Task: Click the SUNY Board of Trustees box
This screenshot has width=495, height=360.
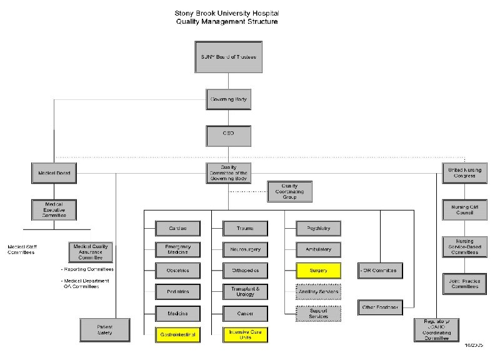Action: pos(228,57)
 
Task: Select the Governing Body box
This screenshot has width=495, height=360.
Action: pos(227,99)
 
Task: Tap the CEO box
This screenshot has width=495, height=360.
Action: pos(227,135)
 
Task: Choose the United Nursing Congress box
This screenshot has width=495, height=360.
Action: pos(464,173)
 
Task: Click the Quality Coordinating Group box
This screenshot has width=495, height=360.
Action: pos(289,192)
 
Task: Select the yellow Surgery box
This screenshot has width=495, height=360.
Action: pos(319,271)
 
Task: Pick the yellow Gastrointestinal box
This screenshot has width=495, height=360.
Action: pos(177,334)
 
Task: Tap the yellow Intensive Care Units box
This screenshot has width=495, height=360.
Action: pos(245,334)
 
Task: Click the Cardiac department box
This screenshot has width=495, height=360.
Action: pos(177,228)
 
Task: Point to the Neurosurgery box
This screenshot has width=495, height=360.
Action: pos(245,249)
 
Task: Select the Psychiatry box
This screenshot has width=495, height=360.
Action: pos(319,228)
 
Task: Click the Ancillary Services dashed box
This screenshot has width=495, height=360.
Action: pos(319,292)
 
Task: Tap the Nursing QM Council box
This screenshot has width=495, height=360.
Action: pos(464,209)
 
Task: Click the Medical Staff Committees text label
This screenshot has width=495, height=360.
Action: pos(21,249)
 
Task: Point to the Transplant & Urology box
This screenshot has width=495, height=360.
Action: pos(245,291)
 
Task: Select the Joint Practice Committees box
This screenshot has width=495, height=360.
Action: pos(464,283)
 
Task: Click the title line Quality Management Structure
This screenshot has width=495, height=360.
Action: pos(227,21)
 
